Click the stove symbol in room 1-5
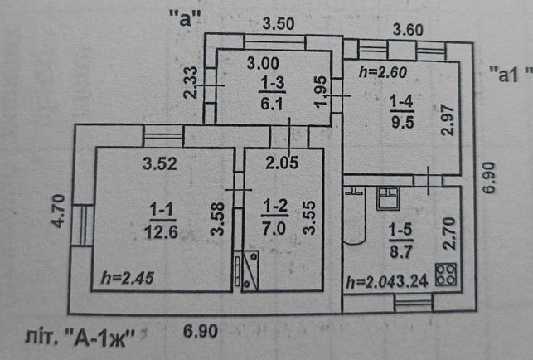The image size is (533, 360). pos(446,274)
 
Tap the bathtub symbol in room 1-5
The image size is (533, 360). pos(354,215)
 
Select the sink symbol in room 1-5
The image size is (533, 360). pos(388,198)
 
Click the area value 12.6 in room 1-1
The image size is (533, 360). pos(161,232)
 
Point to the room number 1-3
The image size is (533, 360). pos(272,83)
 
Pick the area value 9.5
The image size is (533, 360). pos(403,121)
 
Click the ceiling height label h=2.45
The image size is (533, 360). pos(128,278)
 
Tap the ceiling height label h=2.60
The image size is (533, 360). pos(383,72)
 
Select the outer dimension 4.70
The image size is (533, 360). pos(58,211)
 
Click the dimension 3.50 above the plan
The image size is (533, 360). pos(279,24)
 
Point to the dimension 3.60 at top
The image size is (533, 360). pos(408,30)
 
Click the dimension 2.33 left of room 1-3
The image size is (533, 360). pos(191,82)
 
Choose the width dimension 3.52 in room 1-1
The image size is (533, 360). pos(160,163)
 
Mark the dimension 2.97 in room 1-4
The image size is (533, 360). pos(448,120)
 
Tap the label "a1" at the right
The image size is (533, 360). pos(510,75)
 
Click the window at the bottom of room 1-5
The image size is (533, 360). pos(414,303)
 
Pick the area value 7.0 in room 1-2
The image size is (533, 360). pos(274,229)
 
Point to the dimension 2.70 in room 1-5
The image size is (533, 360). pos(450,233)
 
